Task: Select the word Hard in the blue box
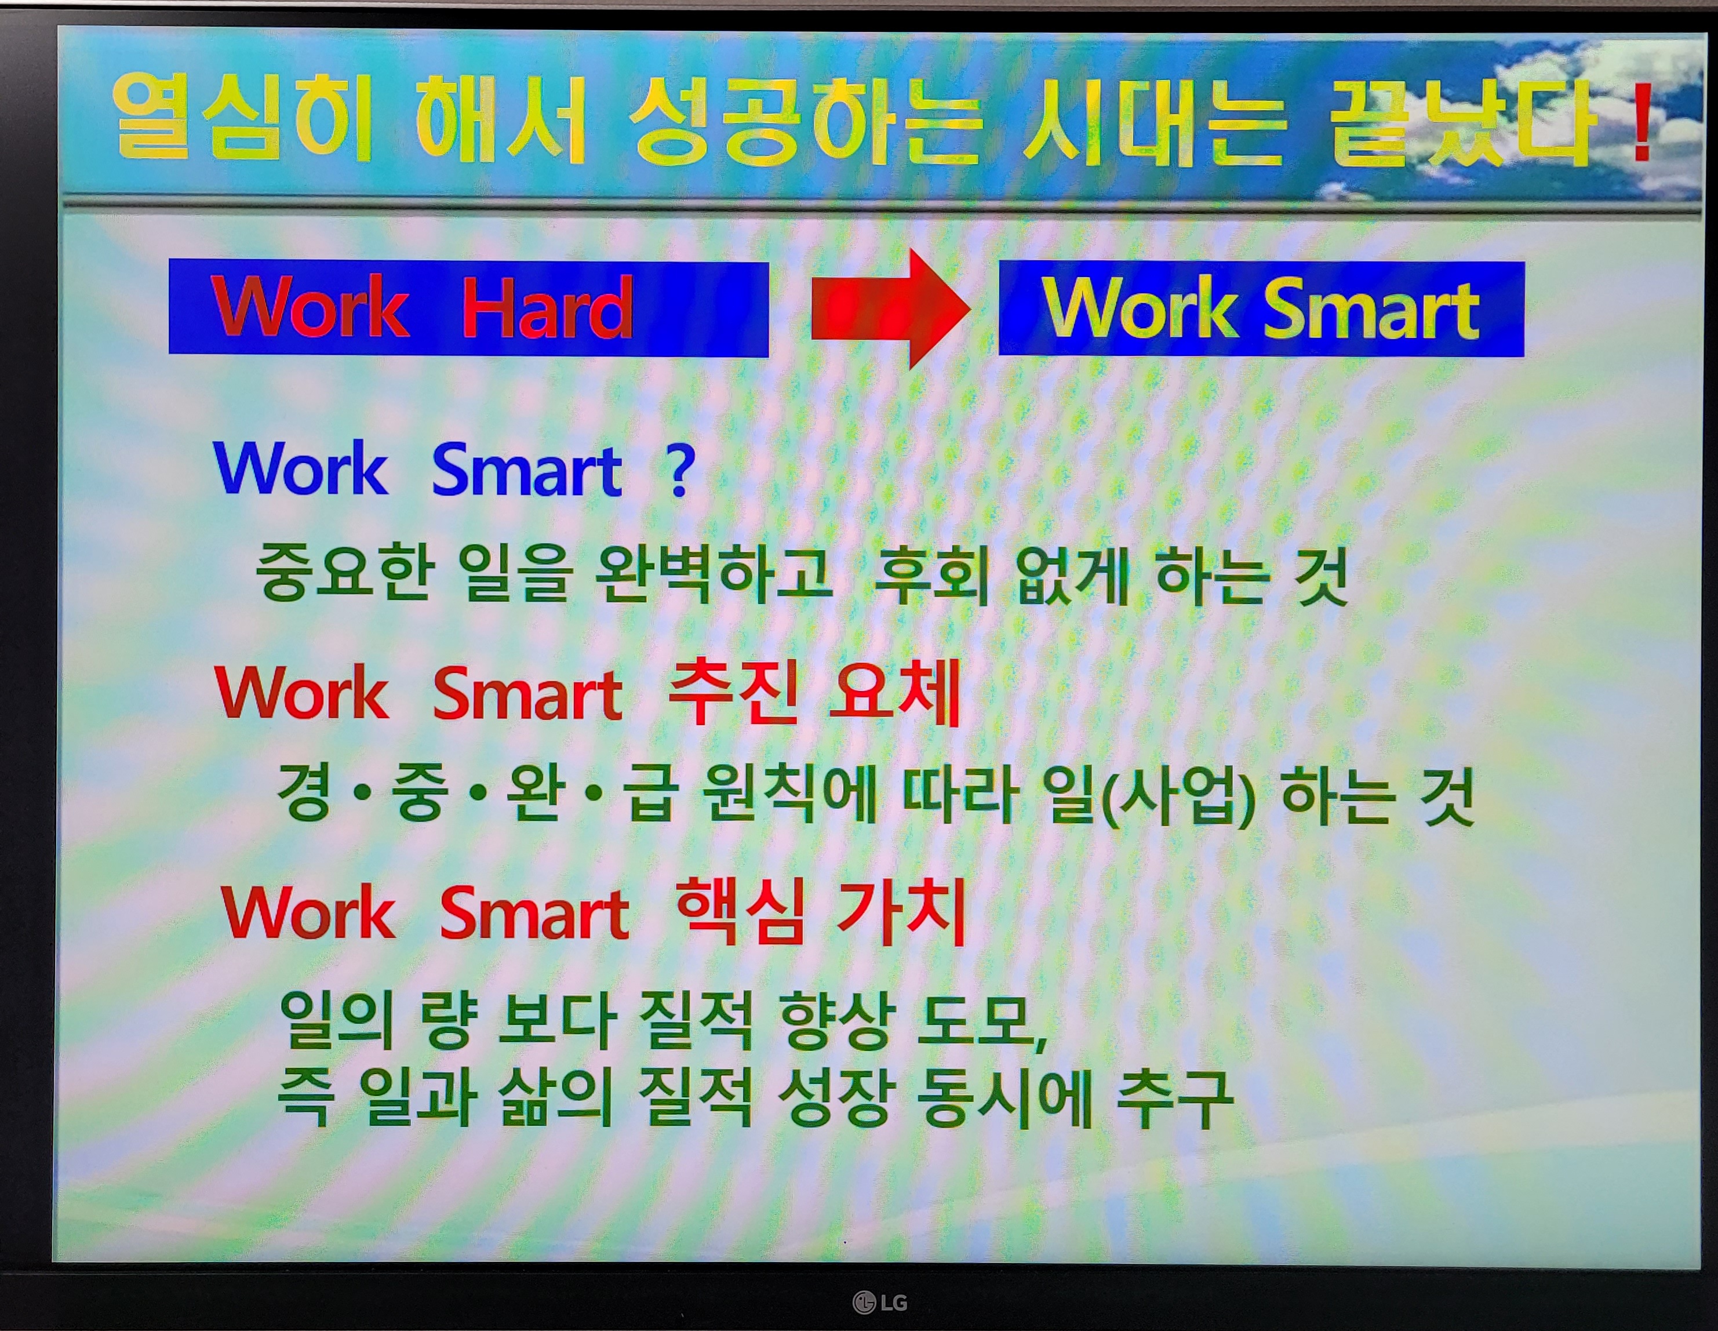pos(548,308)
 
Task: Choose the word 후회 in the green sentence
pos(932,575)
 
